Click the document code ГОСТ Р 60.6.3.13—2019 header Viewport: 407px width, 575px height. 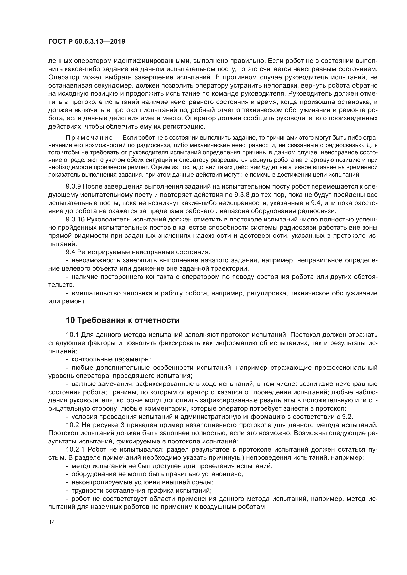87,42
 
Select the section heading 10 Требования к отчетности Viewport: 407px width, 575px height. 123,320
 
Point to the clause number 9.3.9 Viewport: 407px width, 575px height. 73,187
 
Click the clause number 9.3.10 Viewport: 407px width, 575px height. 75,219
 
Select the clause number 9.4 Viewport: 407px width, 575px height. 70,252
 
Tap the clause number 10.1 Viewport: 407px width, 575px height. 72,335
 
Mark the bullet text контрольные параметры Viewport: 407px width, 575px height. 111,359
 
